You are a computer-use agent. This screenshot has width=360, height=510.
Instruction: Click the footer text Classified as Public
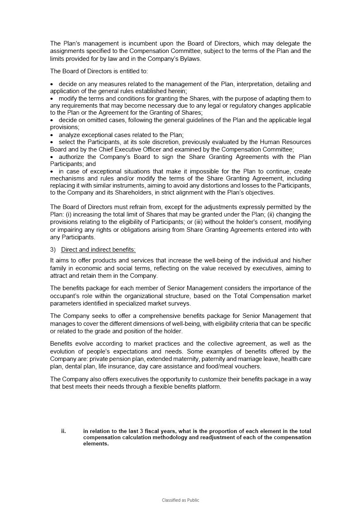click(180, 500)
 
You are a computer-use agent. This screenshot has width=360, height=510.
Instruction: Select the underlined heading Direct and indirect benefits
click(98, 250)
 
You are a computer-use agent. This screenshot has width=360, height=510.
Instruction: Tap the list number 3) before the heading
click(53, 250)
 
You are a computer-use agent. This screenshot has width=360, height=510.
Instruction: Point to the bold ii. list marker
click(63, 431)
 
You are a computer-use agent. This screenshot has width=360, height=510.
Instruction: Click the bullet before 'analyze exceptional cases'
click(52, 135)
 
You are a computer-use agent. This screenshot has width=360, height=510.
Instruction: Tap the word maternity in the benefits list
click(187, 359)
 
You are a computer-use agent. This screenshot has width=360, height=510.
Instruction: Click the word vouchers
click(247, 366)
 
